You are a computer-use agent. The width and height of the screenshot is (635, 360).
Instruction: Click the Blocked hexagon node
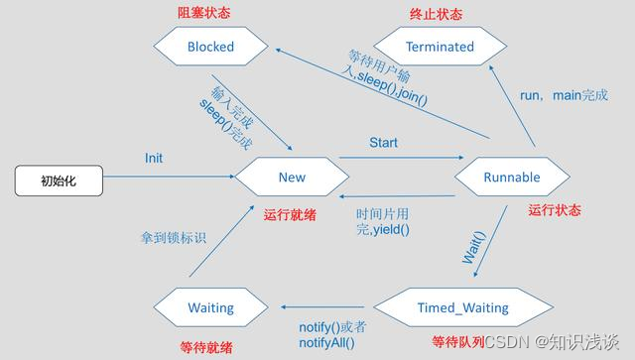tap(210, 46)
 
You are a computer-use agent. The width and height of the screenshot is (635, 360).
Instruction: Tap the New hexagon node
tap(292, 177)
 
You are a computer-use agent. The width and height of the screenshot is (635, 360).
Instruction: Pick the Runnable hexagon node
tap(512, 177)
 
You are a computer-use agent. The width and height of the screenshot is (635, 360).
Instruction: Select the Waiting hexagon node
tap(210, 307)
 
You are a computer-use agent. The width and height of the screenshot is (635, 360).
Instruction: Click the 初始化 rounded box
tap(56, 180)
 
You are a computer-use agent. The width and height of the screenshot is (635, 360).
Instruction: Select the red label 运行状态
tap(555, 210)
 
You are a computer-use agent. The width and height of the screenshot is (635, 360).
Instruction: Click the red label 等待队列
tap(457, 342)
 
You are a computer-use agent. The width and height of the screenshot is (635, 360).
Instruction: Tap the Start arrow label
tap(383, 143)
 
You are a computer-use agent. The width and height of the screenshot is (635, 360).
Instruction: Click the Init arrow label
tap(154, 158)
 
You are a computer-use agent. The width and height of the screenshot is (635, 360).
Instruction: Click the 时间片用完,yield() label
tap(383, 220)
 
